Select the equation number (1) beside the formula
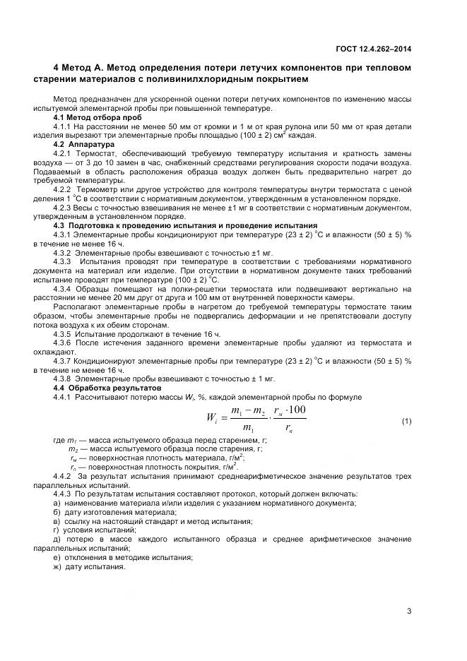click(x=406, y=422)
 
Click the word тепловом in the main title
click(x=384, y=67)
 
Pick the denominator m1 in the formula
click(x=249, y=428)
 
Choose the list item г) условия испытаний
click(x=90, y=530)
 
